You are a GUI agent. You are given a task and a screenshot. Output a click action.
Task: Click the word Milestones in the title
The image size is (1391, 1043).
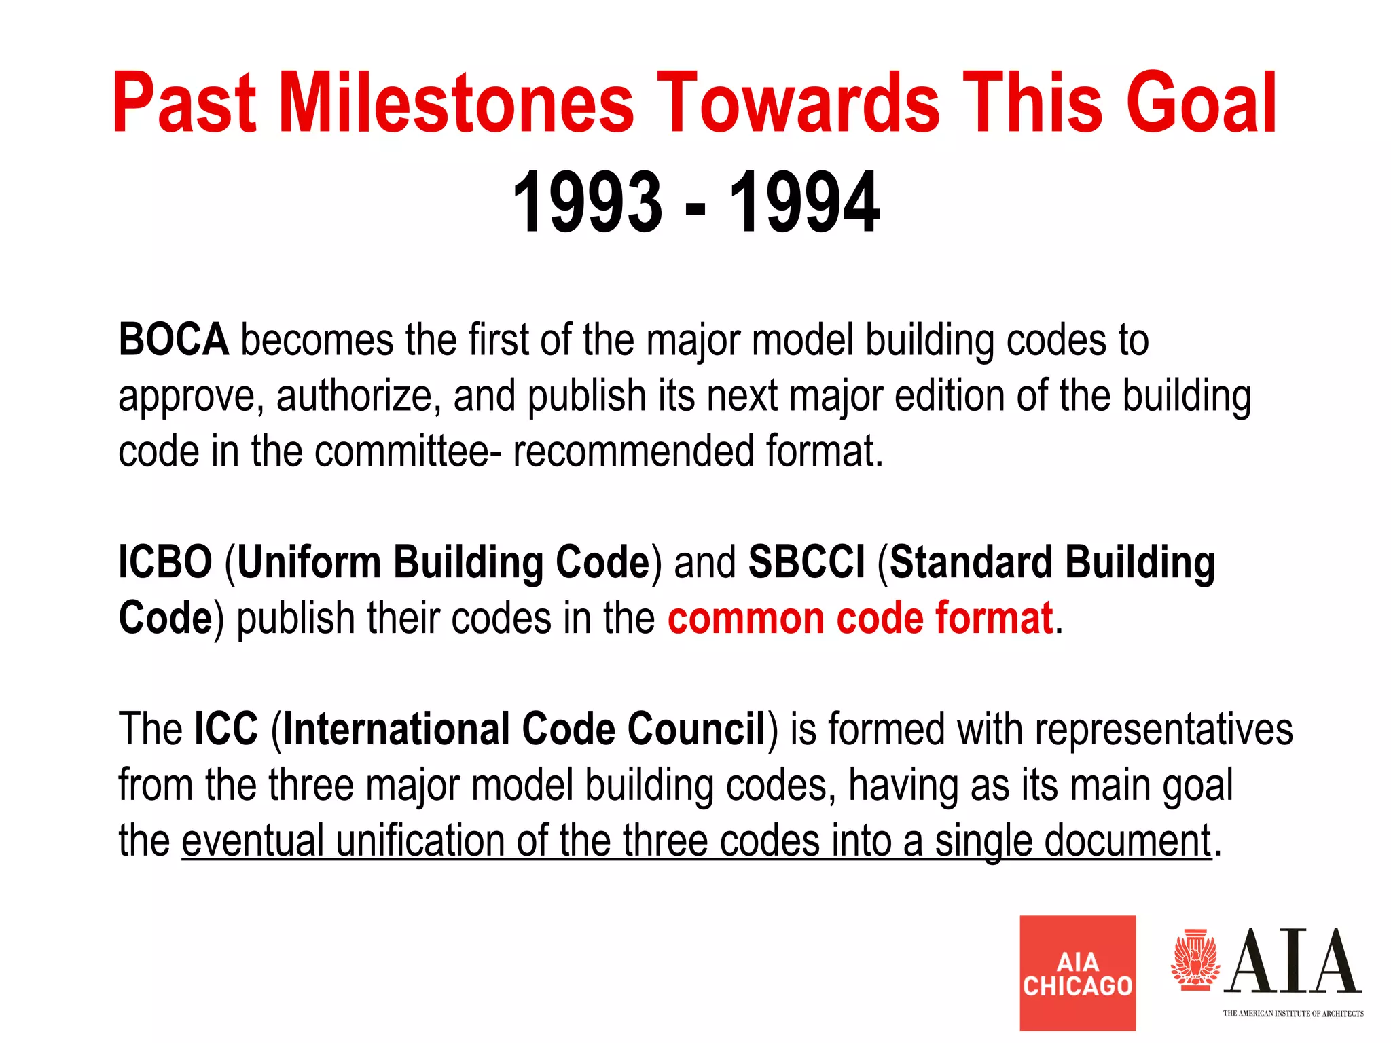pos(456,103)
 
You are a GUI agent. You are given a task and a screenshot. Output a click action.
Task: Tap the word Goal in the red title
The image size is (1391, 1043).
pos(1201,103)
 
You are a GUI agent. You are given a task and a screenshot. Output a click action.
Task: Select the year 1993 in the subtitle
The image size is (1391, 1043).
pos(588,202)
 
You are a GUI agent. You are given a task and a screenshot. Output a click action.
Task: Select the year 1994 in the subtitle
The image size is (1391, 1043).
pos(804,202)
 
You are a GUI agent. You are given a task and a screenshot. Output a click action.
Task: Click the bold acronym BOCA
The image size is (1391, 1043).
pos(173,340)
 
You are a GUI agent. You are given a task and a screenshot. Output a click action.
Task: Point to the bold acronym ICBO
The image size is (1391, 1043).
pos(165,562)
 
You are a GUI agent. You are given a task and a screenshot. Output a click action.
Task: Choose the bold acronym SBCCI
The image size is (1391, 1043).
pos(806,562)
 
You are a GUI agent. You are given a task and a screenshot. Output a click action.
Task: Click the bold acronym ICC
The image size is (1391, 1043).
pos(226,729)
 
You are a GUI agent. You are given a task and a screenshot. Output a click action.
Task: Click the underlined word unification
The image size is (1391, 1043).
pos(420,841)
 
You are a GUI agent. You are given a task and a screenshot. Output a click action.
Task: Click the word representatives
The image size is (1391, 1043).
pos(1163,729)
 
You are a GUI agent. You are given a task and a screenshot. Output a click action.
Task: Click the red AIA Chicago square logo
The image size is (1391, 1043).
pos(1077,972)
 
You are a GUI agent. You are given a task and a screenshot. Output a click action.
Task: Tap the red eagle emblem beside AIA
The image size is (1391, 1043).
pos(1195,960)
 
